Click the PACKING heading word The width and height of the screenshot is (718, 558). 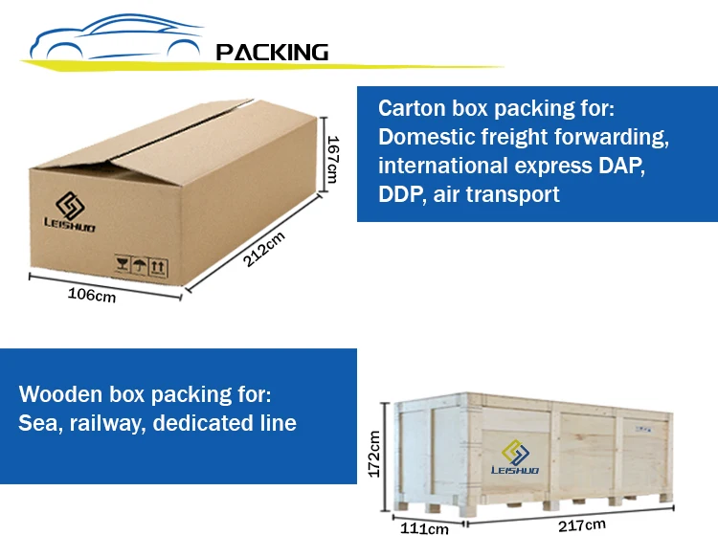272,53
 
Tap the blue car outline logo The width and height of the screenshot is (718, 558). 116,37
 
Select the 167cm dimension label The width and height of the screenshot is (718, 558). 332,159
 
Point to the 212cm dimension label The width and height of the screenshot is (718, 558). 264,249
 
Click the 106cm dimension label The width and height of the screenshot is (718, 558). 92,295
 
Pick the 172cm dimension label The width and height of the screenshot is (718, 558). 374,454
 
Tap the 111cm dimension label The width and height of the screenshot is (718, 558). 424,529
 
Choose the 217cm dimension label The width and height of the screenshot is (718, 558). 581,525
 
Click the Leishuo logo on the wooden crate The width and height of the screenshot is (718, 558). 515,457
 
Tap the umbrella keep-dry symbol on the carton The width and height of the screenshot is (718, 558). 139,265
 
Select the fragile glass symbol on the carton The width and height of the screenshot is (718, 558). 123,264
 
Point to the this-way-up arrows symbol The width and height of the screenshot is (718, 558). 158,267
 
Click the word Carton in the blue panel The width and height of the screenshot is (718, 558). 412,108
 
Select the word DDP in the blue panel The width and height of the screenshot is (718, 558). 399,194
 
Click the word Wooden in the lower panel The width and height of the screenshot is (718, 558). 60,394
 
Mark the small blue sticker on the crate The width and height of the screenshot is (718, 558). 643,430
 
